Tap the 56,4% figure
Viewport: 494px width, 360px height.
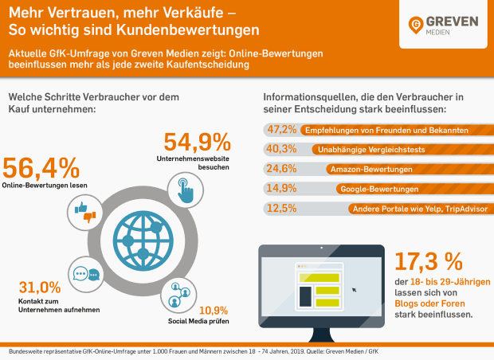tap(41, 168)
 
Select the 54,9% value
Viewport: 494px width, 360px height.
tap(197, 143)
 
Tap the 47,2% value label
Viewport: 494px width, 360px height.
tap(281, 128)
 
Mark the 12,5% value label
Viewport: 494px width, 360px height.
tap(281, 209)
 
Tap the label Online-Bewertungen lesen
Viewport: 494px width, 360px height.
tap(45, 186)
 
